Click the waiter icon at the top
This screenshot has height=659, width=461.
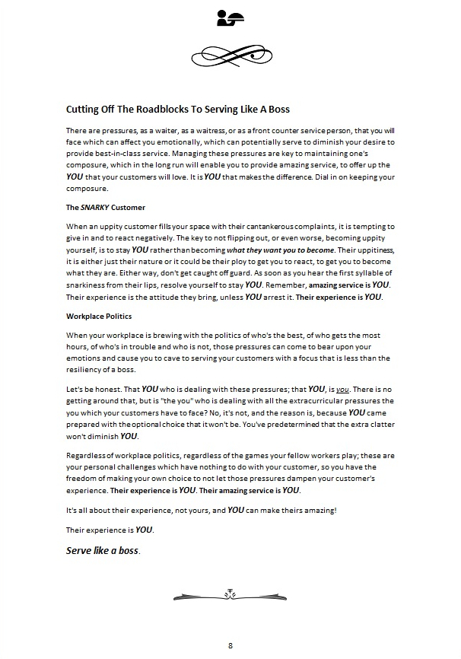coord(229,18)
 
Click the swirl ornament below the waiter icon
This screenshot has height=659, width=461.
coord(229,54)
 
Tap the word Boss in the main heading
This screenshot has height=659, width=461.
coord(275,110)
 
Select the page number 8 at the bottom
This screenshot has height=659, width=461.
coord(230,646)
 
